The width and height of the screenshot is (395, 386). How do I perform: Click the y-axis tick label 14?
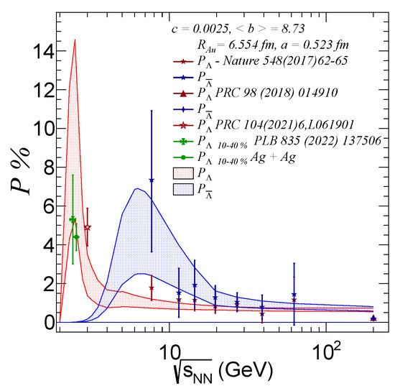pyautogui.click(x=35, y=52)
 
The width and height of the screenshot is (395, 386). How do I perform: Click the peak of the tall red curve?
pyautogui.click(x=75, y=40)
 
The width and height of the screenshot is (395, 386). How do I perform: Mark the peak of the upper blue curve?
pyautogui.click(x=136, y=188)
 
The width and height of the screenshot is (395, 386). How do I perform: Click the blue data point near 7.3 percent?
pyautogui.click(x=152, y=180)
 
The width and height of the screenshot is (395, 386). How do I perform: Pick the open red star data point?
pyautogui.click(x=87, y=227)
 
